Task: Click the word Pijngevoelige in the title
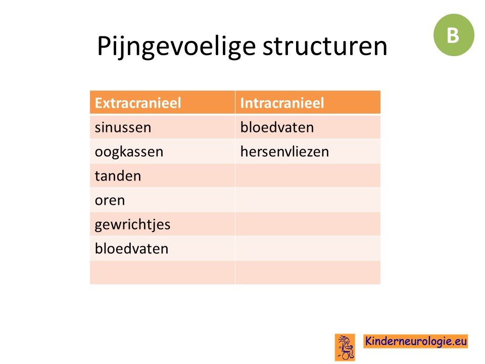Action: (x=176, y=47)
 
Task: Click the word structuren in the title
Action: (x=325, y=46)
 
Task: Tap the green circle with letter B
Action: (x=454, y=35)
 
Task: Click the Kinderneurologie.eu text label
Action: (x=416, y=341)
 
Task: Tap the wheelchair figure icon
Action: (x=345, y=347)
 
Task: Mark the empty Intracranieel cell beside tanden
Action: (x=308, y=175)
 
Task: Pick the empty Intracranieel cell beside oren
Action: (x=308, y=200)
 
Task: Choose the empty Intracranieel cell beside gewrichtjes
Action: (x=308, y=224)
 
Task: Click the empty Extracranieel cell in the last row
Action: (x=162, y=272)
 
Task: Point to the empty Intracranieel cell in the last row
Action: (x=308, y=272)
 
